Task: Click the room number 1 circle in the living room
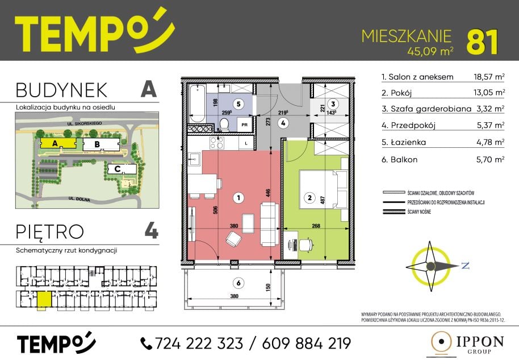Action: (x=238, y=198)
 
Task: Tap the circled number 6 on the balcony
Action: (x=238, y=283)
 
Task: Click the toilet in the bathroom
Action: (x=225, y=125)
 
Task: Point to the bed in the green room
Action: (x=324, y=189)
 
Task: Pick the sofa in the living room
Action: (x=269, y=224)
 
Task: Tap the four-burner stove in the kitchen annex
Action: (x=217, y=143)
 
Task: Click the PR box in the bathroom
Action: (x=245, y=125)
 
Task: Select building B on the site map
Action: (x=101, y=144)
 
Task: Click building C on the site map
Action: (x=122, y=169)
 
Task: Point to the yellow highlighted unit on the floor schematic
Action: (x=44, y=299)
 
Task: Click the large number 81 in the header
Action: (x=482, y=43)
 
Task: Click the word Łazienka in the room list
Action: (x=408, y=142)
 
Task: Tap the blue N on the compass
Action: (x=466, y=265)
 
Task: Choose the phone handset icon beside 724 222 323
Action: (x=146, y=344)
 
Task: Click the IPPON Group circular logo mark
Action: (x=441, y=342)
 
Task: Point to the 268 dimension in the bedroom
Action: (x=316, y=226)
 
